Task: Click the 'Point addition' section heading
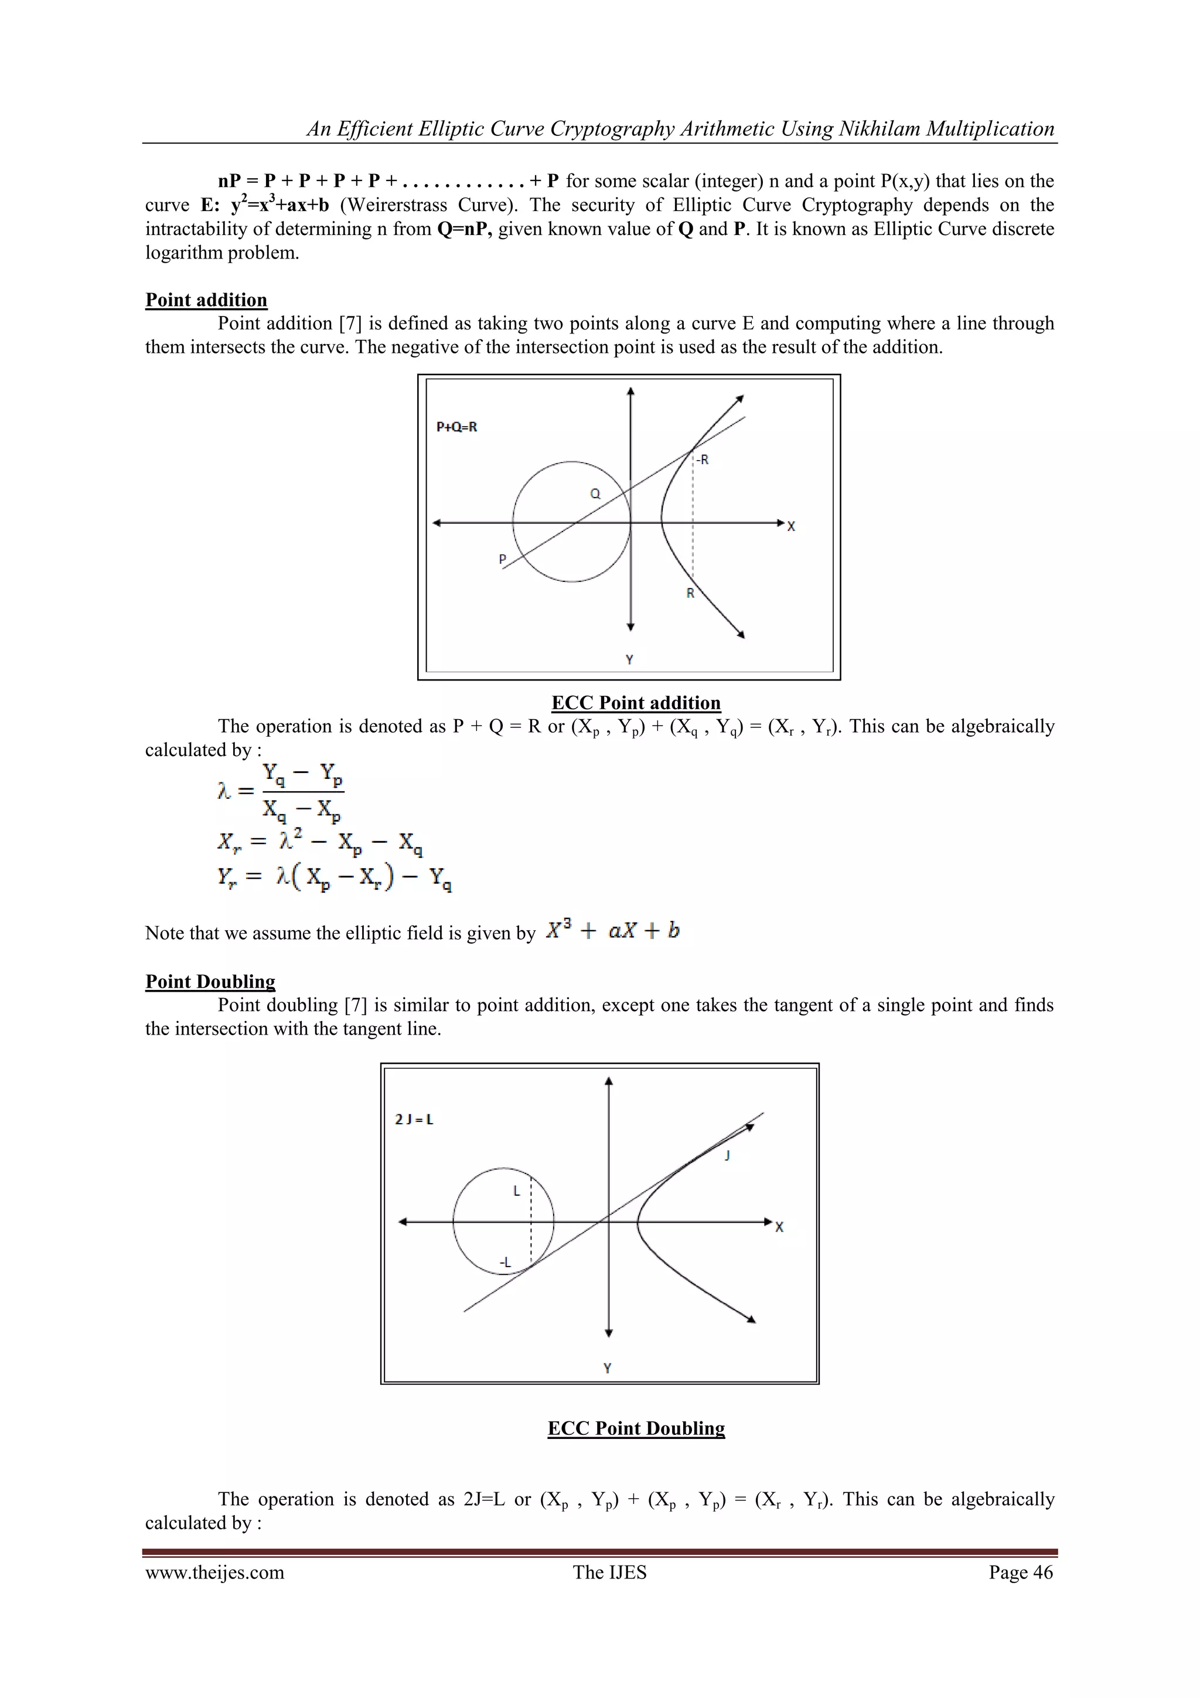pyautogui.click(x=206, y=300)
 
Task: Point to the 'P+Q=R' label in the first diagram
pyautogui.click(x=457, y=427)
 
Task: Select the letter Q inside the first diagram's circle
pyautogui.click(x=595, y=494)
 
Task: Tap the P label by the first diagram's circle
pyautogui.click(x=503, y=559)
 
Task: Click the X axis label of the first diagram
pyautogui.click(x=791, y=526)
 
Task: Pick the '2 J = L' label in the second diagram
pyautogui.click(x=414, y=1119)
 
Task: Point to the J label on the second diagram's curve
pyautogui.click(x=728, y=1155)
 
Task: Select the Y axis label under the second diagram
pyautogui.click(x=607, y=1368)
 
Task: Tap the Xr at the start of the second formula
pyautogui.click(x=229, y=842)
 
